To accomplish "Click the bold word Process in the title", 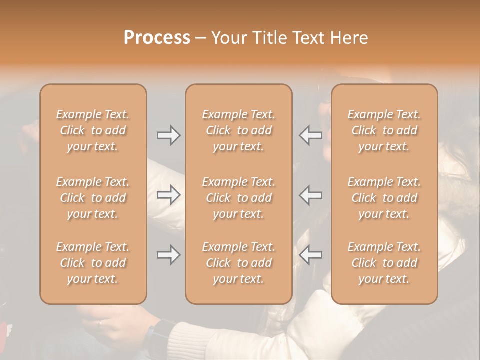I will point(157,38).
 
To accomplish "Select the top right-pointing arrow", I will point(169,135).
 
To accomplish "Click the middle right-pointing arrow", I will point(169,195).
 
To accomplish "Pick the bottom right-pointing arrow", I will point(169,255).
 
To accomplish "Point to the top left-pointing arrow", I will point(311,135).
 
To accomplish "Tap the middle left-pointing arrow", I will point(311,195).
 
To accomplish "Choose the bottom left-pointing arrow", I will point(311,255).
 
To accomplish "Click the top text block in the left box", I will point(93,130).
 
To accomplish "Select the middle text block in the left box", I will point(93,198).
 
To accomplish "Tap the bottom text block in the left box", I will point(93,263).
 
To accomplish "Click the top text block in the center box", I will point(238,130).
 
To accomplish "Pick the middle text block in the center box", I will point(238,198).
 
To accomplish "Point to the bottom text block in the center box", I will point(238,263).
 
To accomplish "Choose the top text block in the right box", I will point(384,130).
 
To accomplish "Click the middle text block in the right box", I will point(384,198).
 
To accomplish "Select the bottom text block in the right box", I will point(384,263).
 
